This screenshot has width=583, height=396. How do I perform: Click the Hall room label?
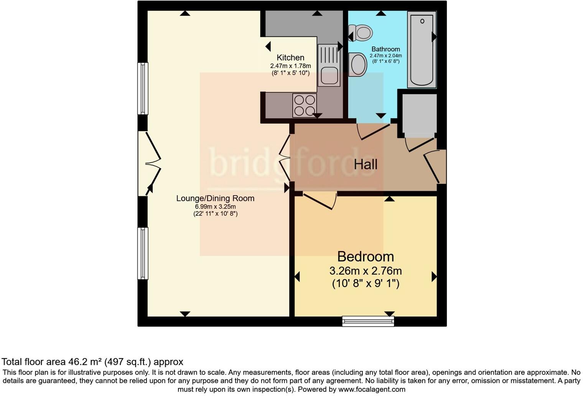click(366, 165)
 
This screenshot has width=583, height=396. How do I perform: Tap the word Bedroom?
click(365, 256)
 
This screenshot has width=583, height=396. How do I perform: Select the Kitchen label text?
click(290, 58)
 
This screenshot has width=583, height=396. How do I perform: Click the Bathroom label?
click(385, 49)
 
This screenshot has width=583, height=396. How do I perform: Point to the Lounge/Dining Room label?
click(215, 198)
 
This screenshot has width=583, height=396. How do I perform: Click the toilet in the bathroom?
click(361, 33)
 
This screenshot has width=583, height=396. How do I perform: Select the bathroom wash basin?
click(358, 64)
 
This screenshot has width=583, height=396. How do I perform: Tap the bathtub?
click(422, 49)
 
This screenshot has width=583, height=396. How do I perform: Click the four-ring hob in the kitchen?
click(305, 105)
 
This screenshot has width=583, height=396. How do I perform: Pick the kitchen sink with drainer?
click(329, 65)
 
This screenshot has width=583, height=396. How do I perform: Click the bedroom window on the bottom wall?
click(368, 321)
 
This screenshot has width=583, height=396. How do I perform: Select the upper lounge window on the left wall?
click(143, 89)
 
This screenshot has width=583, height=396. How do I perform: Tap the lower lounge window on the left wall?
click(143, 253)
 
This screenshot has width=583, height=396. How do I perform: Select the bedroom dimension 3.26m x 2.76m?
click(365, 271)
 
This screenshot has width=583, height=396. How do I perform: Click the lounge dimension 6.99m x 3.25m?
click(215, 207)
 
